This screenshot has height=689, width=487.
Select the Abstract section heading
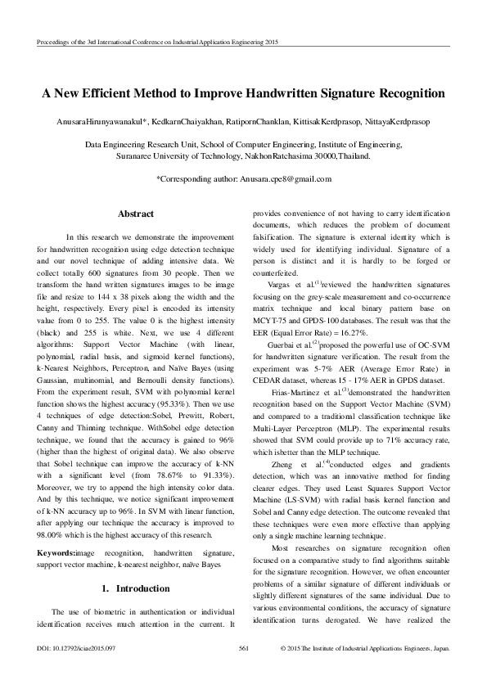(x=136, y=214)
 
